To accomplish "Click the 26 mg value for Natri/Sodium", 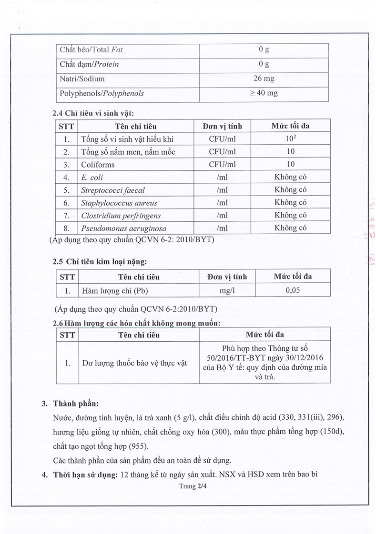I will coord(264,79).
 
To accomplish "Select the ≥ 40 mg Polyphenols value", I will coord(264,93).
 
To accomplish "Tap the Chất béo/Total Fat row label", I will coord(91,49).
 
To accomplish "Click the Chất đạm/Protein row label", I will coord(89,64).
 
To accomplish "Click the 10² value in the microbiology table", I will coord(291,139).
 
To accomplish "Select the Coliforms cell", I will coord(98,165).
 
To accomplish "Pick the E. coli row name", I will coord(92,177).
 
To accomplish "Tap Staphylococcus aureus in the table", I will coord(119,203).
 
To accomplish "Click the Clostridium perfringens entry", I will coord(121,215).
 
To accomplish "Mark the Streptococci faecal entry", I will coord(113,190).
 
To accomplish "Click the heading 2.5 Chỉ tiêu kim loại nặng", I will coord(100,261).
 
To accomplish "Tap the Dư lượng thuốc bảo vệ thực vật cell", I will coord(134,363).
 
